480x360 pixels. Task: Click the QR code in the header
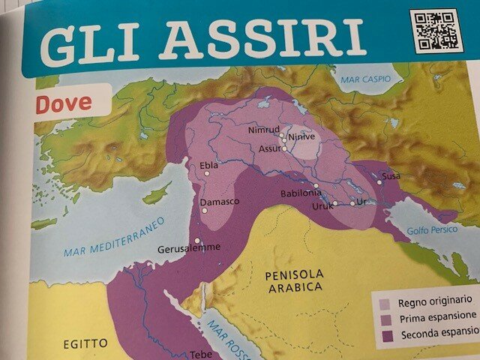(435, 31)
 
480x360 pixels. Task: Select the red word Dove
(64, 103)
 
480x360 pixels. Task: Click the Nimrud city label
(262, 130)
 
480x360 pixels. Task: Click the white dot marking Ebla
(207, 174)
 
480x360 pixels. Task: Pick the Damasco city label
(219, 202)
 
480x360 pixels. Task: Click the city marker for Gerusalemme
(197, 241)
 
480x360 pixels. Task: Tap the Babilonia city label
(300, 193)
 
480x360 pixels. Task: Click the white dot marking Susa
(379, 182)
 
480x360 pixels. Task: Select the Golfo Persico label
(431, 229)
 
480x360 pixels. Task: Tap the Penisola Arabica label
(294, 280)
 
